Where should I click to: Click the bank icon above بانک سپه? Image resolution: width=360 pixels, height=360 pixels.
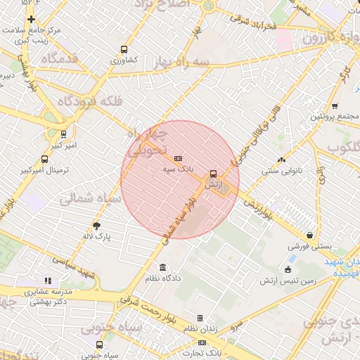(x=178, y=159)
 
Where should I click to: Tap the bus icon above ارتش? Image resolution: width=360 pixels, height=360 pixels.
(x=213, y=174)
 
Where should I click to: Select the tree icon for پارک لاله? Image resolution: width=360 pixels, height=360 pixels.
(x=96, y=226)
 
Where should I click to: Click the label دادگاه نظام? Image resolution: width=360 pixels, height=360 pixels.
(x=163, y=278)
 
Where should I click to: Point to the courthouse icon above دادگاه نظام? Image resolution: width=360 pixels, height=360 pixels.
(x=163, y=268)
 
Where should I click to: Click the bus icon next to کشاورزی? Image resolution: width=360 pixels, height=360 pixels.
(x=124, y=50)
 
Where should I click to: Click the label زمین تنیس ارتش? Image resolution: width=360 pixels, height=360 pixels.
(x=287, y=281)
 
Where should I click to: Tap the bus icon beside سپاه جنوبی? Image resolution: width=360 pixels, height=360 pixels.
(x=99, y=345)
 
